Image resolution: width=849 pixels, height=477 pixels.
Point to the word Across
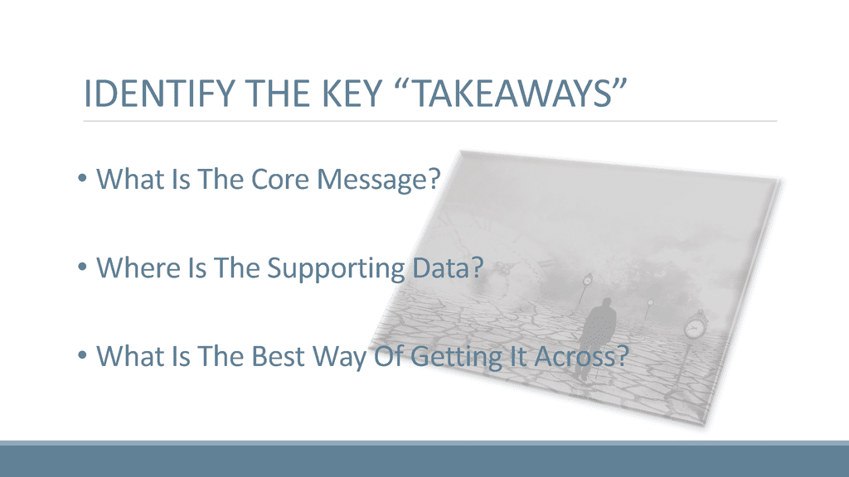pyautogui.click(x=575, y=356)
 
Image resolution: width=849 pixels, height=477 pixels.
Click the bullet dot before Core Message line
pyautogui.click(x=82, y=178)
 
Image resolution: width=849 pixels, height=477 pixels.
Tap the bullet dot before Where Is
pyautogui.click(x=82, y=267)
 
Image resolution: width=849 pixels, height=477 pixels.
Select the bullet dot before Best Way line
pyautogui.click(x=82, y=355)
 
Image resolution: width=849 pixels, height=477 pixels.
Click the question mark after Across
pyautogui.click(x=622, y=356)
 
